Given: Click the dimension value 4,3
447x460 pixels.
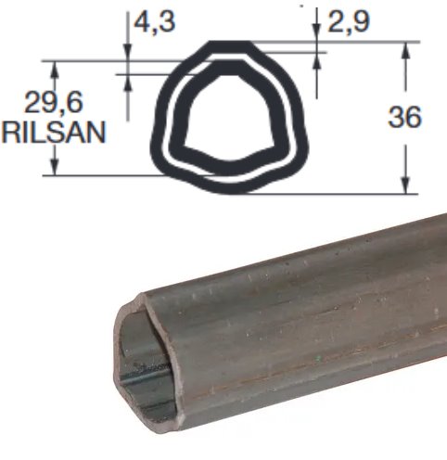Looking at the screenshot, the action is click(154, 22).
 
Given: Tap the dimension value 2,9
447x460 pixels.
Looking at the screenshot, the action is click(349, 22).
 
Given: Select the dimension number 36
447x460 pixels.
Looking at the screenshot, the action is click(404, 117).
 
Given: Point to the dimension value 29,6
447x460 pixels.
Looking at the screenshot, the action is click(54, 102).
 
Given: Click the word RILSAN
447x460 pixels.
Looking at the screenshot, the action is click(54, 132).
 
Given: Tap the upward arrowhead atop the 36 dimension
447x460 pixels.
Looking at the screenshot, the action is click(405, 50).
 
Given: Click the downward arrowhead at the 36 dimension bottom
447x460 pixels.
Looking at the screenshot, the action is click(405, 185).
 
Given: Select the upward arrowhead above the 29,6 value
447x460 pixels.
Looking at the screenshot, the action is click(55, 70).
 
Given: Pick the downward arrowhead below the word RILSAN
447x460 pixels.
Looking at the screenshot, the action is click(55, 167).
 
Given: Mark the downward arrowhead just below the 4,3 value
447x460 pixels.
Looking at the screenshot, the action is click(128, 53).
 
